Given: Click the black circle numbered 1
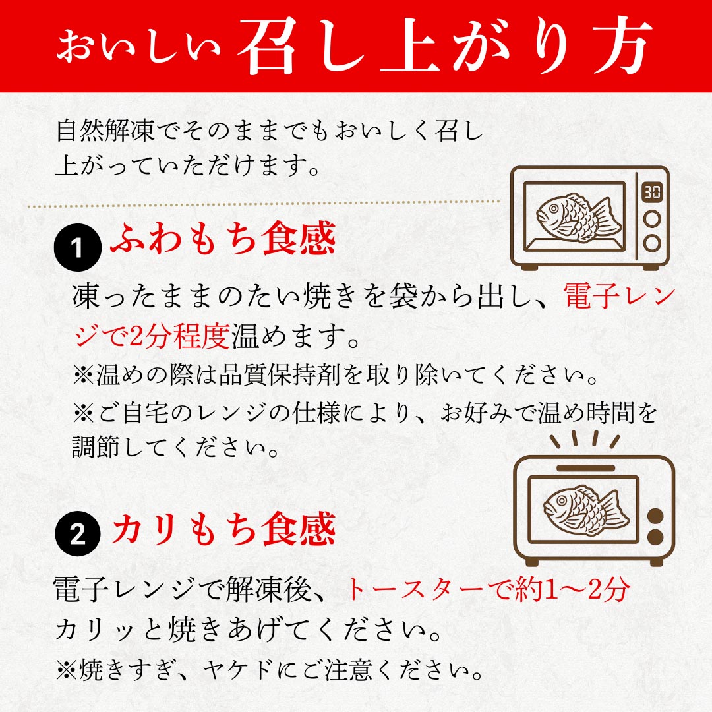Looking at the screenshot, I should (x=78, y=249).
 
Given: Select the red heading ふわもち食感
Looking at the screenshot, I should (x=223, y=240).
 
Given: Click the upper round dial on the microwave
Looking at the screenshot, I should (x=651, y=218).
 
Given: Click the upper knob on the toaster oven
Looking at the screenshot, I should (x=657, y=515).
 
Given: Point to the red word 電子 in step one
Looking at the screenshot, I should (x=591, y=298).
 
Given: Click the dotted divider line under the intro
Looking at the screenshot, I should (x=264, y=206).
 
